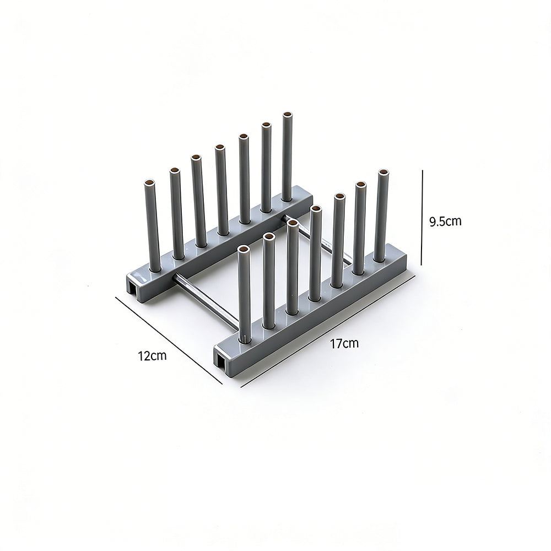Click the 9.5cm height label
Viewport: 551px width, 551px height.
coord(445,222)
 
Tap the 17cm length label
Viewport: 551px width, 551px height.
coord(344,343)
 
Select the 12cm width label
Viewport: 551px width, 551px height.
coord(152,355)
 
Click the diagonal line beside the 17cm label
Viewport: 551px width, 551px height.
coord(328,332)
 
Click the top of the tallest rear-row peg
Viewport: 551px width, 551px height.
coord(288,115)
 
